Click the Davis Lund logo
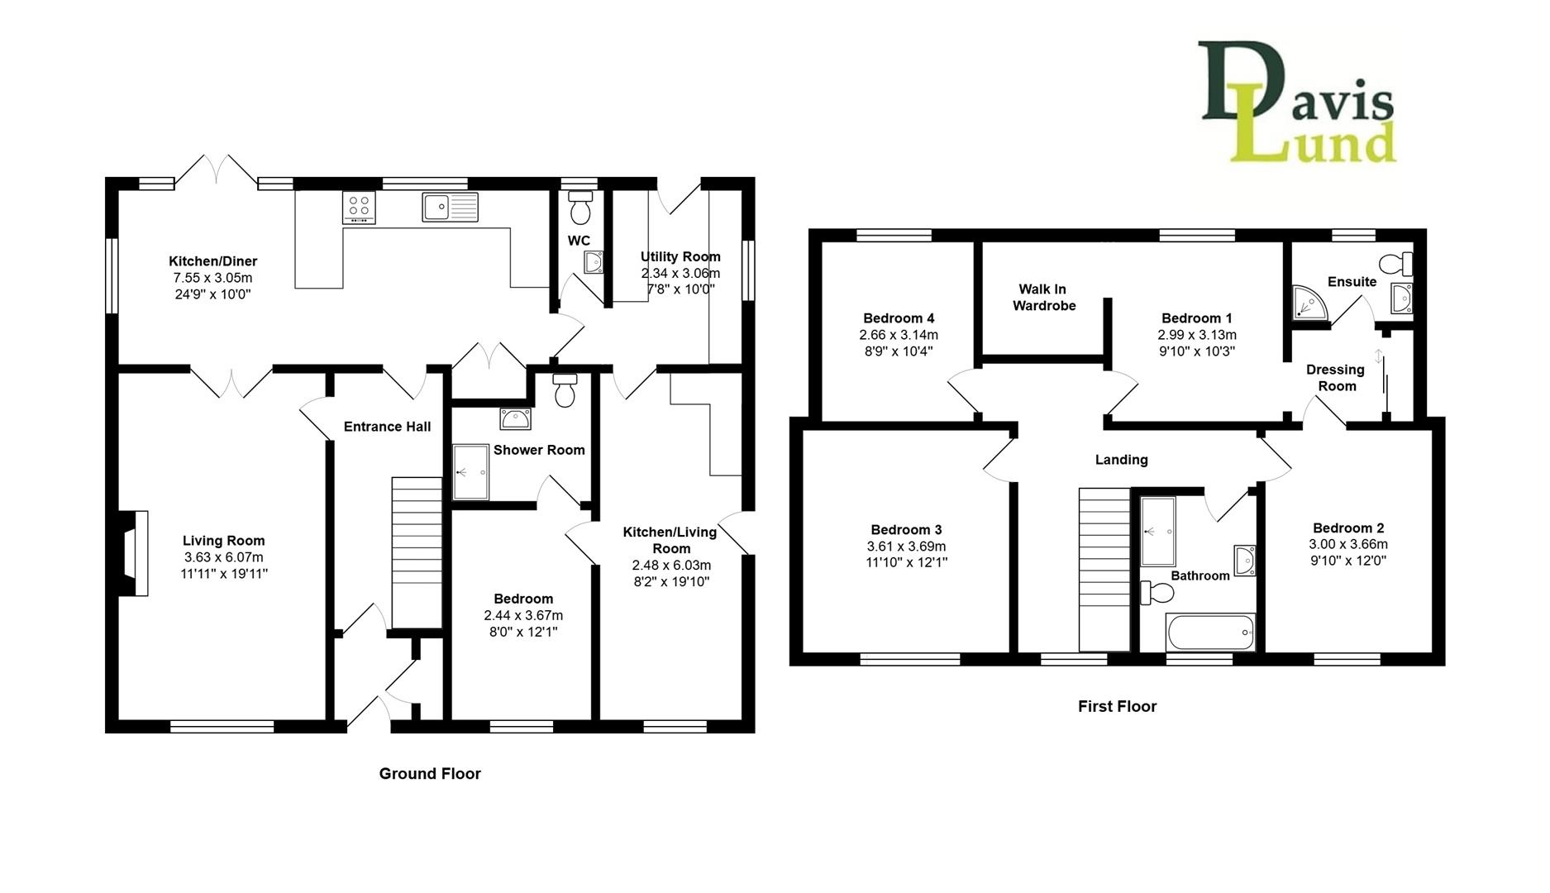1298,102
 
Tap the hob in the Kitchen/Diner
359,208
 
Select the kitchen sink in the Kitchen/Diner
450,207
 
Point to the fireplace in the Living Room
133,552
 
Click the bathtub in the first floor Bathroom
1210,632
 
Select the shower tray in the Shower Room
470,472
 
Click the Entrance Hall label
387,427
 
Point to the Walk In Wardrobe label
1044,297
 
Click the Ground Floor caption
430,774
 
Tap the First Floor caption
1117,706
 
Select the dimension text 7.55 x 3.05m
212,278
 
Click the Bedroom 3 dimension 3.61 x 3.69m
906,547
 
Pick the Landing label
1121,460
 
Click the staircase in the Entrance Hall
417,552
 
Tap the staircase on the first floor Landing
1104,570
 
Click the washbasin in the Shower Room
516,418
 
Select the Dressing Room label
1336,378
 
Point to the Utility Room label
680,257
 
